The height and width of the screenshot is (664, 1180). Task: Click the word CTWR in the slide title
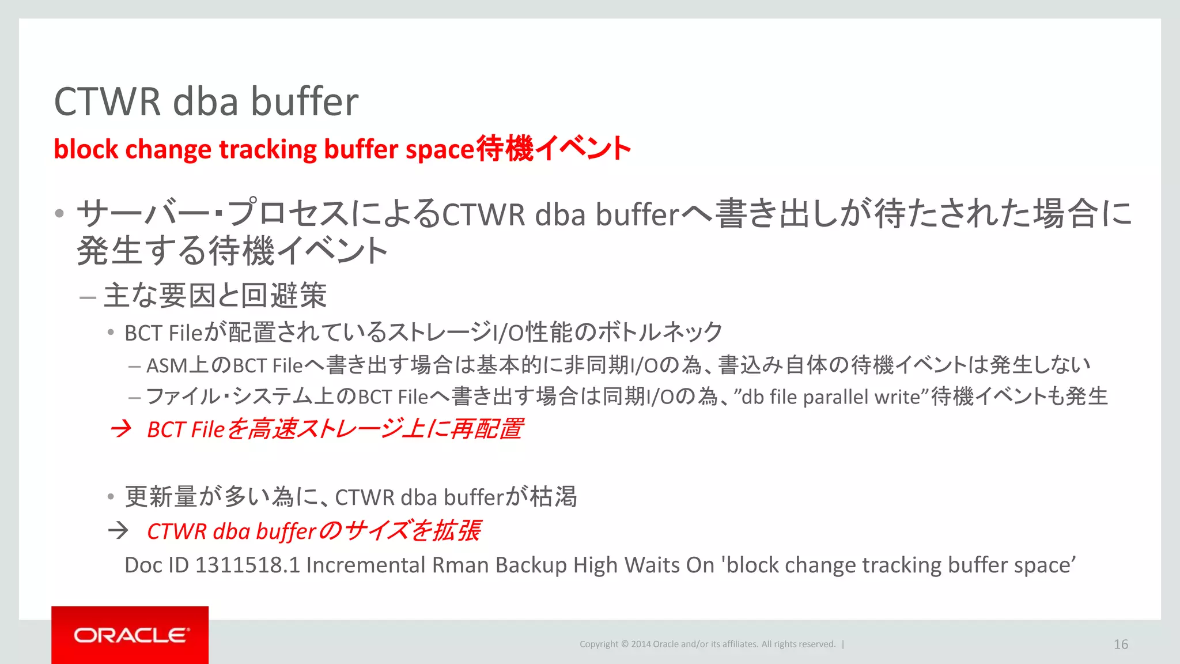107,101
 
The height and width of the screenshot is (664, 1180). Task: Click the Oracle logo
130,635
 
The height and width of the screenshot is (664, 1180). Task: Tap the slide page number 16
1121,644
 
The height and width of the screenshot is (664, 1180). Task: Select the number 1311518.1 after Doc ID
247,565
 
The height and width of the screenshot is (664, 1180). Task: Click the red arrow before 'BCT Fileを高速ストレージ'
121,429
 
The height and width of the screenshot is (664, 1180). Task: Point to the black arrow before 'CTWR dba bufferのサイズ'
119,530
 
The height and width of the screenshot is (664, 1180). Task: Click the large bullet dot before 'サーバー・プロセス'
59,214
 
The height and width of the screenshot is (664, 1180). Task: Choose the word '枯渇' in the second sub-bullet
553,496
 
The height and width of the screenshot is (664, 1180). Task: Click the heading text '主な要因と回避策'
215,295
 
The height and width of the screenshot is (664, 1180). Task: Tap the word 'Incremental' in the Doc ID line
365,565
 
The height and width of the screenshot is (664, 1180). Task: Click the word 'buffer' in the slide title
304,101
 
